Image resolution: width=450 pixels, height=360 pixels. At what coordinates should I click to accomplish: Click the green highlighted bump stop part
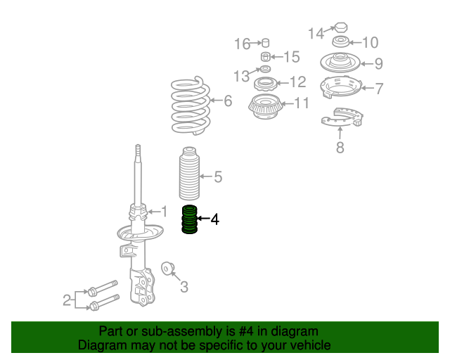pos(189,219)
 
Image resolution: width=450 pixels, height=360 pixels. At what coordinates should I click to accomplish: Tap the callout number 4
pos(215,219)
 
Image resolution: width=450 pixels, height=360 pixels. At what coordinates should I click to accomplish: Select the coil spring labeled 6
pos(191,105)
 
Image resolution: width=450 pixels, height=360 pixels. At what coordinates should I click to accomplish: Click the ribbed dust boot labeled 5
pos(189,174)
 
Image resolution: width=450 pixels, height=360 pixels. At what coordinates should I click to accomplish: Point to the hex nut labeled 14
pos(341,27)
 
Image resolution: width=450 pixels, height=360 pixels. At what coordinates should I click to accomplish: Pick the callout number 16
pos(243,44)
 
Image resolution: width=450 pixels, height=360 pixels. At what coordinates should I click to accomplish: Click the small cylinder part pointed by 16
pos(266,42)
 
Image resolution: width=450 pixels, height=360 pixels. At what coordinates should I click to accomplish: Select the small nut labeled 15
pos(266,57)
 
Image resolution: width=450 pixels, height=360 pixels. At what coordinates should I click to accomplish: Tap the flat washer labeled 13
pos(266,69)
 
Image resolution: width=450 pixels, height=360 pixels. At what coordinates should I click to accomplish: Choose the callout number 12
pos(298,82)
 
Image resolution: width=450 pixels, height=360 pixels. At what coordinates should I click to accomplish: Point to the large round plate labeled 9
pos(340,63)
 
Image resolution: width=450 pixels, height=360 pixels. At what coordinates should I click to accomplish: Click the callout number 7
pos(379,89)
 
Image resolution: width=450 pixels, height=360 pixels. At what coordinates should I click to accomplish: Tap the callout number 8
pos(340,148)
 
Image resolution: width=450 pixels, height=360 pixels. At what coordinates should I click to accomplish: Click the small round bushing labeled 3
pos(167,269)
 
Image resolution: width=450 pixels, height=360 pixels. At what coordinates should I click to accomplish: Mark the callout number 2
pos(67,300)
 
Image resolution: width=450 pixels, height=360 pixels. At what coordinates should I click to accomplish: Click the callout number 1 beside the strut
pos(164,212)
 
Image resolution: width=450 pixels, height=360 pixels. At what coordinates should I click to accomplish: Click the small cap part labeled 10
pos(341,41)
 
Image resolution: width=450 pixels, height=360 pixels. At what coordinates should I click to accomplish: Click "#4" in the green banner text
pos(246,331)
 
